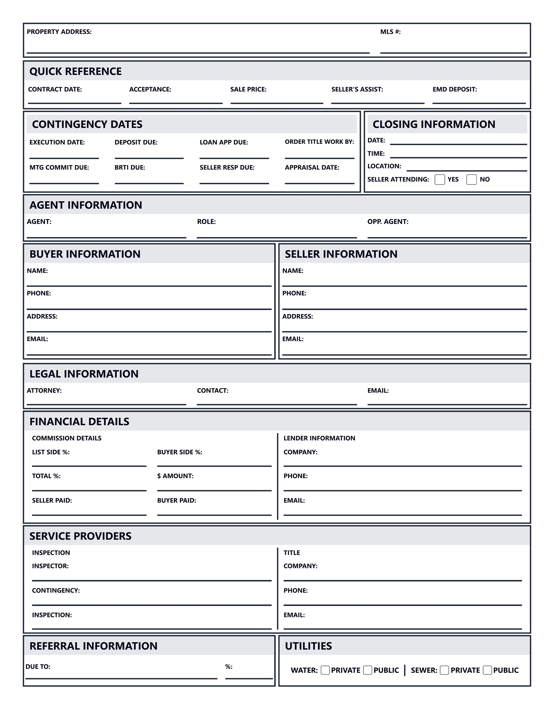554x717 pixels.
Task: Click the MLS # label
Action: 390,32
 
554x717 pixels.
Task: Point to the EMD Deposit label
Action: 455,89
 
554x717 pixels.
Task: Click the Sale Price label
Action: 248,89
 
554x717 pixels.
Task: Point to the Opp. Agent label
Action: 388,222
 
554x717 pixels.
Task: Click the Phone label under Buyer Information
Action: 39,293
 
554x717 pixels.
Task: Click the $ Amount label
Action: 175,476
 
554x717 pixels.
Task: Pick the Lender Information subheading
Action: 319,438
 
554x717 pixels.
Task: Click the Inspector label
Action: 50,566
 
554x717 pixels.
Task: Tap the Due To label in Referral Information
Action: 38,667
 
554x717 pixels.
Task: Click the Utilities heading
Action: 308,646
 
